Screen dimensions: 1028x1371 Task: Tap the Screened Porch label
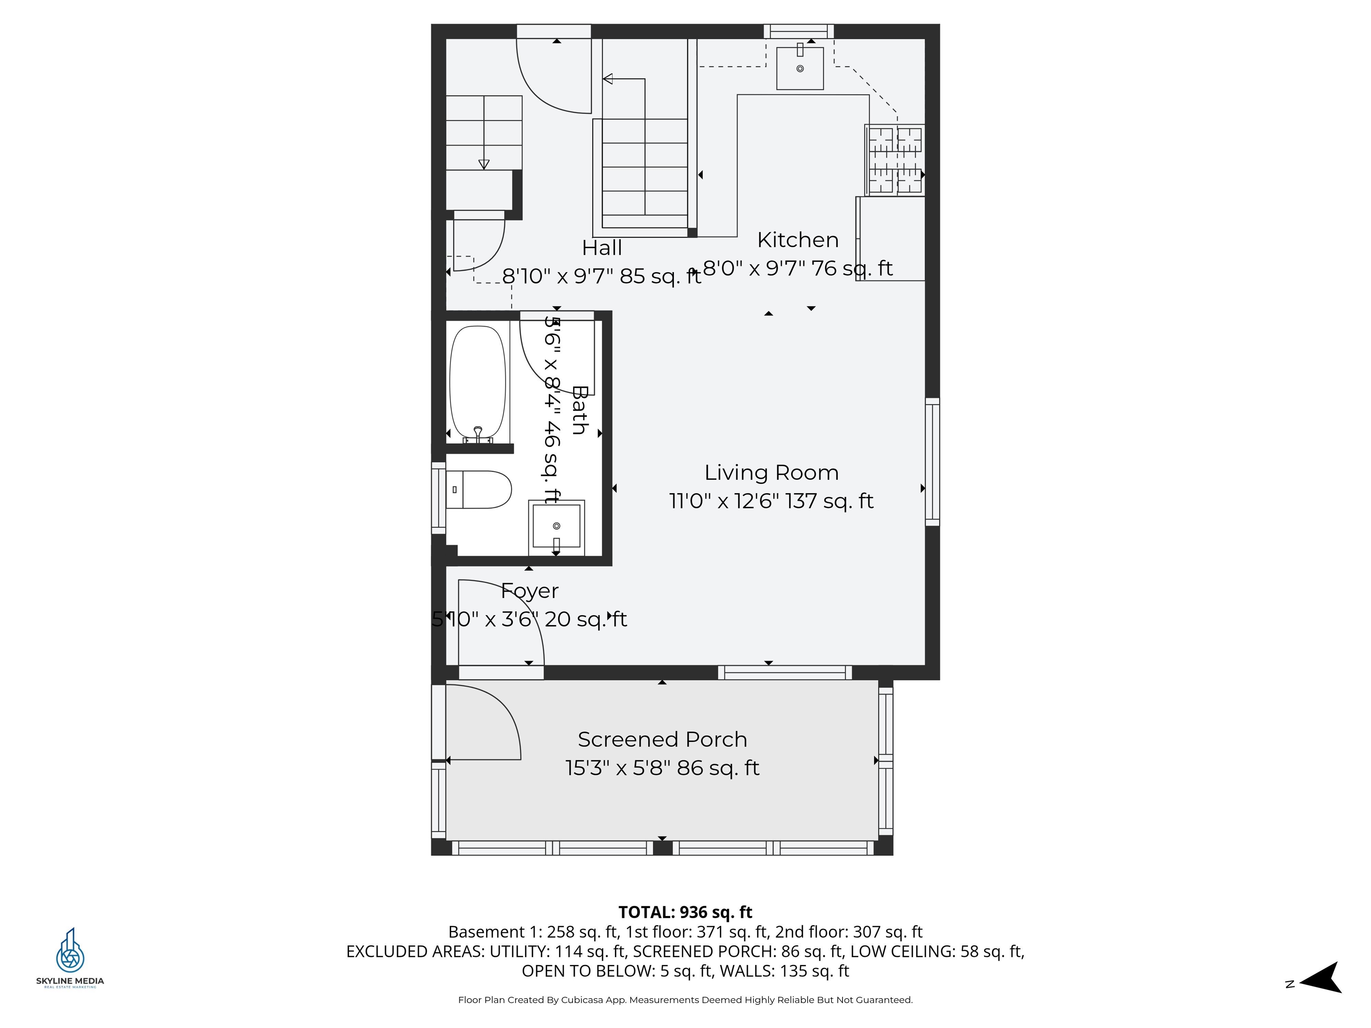pyautogui.click(x=662, y=739)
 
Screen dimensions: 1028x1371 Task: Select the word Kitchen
pyautogui.click(x=798, y=240)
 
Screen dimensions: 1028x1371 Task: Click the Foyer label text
pyautogui.click(x=530, y=591)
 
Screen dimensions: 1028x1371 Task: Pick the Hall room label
pyautogui.click(x=601, y=248)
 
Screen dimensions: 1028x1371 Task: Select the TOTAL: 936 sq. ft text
pyautogui.click(x=685, y=912)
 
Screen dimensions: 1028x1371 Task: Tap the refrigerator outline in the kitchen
pyautogui.click(x=891, y=239)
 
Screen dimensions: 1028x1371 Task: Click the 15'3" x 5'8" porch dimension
pyautogui.click(x=618, y=768)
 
